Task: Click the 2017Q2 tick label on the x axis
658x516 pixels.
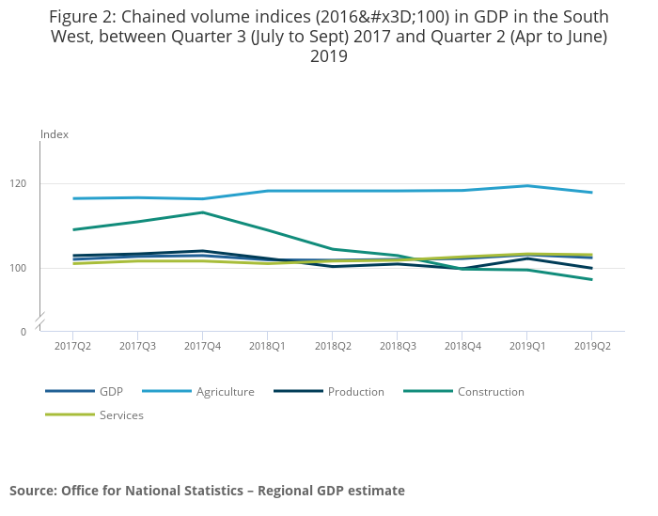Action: [72, 346]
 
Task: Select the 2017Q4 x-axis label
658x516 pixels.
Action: [202, 346]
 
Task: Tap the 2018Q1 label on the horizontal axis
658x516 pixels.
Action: [267, 346]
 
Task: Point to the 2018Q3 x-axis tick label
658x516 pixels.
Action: [397, 346]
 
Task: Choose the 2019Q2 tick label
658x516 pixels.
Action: [591, 346]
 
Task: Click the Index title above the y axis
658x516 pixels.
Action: [55, 134]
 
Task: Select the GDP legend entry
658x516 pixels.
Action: [111, 391]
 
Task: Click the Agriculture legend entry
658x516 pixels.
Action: [225, 391]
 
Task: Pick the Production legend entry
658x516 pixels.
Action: [355, 391]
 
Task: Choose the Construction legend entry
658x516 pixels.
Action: [491, 391]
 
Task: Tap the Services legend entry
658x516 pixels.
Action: [121, 414]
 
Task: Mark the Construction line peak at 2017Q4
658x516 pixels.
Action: [202, 212]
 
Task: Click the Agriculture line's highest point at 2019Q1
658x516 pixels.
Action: [526, 185]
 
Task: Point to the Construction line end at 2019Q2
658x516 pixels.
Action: [591, 279]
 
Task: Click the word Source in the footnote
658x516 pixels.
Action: [33, 491]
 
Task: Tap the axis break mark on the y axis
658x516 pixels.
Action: [40, 322]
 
